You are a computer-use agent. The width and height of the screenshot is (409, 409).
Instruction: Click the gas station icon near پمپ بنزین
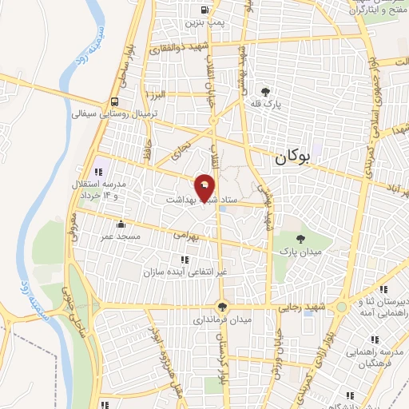click(206, 10)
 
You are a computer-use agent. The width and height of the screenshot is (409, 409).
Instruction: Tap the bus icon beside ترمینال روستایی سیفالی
click(117, 101)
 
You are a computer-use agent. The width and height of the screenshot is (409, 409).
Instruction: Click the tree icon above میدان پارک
click(300, 238)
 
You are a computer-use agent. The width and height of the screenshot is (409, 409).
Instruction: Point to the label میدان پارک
click(297, 252)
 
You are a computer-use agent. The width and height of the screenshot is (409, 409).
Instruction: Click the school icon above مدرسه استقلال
click(99, 172)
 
